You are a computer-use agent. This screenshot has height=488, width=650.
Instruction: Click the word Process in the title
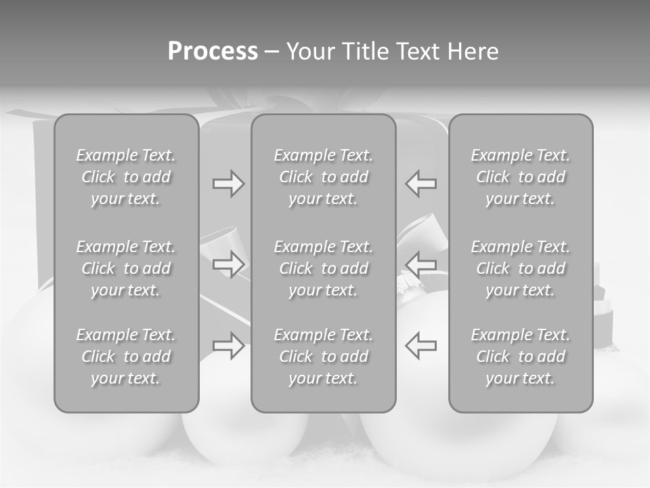[x=213, y=52]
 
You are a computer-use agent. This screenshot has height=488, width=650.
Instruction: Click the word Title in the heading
[x=364, y=52]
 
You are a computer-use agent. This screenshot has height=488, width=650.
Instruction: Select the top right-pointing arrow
[x=228, y=184]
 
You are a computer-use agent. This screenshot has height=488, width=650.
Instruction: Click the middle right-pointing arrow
[x=228, y=264]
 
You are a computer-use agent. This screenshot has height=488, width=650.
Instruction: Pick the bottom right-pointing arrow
[x=228, y=345]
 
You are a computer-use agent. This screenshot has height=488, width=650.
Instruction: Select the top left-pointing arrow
[x=420, y=184]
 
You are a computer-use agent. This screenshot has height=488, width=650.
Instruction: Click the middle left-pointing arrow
[x=420, y=264]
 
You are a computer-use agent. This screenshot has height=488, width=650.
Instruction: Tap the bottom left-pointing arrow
[x=420, y=345]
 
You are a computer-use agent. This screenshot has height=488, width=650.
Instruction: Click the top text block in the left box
[x=126, y=177]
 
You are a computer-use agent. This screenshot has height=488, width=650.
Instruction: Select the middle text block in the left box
[x=126, y=268]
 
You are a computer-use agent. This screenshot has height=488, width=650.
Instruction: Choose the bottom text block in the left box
[x=126, y=357]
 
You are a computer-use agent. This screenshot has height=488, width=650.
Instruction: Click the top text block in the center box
[x=324, y=177]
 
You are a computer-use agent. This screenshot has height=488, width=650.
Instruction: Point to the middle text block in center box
[x=324, y=268]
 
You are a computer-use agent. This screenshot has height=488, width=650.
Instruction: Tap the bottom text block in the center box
[x=324, y=357]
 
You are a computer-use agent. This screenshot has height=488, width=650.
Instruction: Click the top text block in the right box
[x=521, y=177]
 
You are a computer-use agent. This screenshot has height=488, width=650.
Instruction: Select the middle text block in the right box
[x=521, y=268]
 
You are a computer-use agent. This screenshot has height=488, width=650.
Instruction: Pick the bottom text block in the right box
[x=521, y=357]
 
